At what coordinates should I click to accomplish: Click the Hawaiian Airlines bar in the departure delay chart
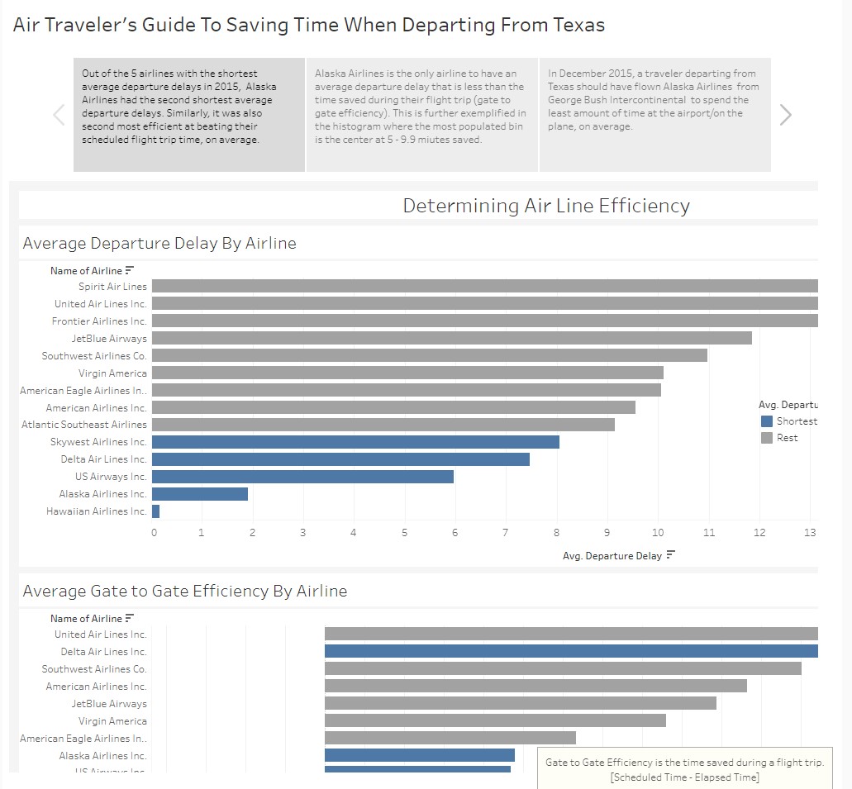click(x=156, y=511)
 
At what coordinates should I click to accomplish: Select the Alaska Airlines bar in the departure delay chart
click(x=200, y=494)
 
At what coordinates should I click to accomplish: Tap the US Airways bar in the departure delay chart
click(x=302, y=477)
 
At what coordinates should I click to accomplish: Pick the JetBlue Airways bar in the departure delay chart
click(x=451, y=338)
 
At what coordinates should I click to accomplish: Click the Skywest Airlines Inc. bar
click(x=355, y=442)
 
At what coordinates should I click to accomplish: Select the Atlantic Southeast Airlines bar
click(x=383, y=425)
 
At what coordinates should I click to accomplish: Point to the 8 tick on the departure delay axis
click(x=557, y=532)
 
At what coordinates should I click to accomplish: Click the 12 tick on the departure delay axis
click(x=759, y=532)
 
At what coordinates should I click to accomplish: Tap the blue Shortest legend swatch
click(x=767, y=421)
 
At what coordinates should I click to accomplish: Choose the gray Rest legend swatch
click(x=767, y=438)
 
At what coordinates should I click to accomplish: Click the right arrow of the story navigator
click(x=785, y=115)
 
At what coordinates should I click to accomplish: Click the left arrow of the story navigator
click(x=59, y=115)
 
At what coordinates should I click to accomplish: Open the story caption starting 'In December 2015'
click(x=654, y=101)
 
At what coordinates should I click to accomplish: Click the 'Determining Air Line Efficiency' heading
click(x=545, y=206)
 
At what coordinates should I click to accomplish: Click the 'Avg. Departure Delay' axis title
click(x=612, y=556)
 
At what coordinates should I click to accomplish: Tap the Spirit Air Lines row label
click(x=112, y=287)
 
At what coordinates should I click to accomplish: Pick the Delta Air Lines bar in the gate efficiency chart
click(x=570, y=651)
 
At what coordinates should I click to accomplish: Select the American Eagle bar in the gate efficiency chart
click(x=450, y=738)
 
